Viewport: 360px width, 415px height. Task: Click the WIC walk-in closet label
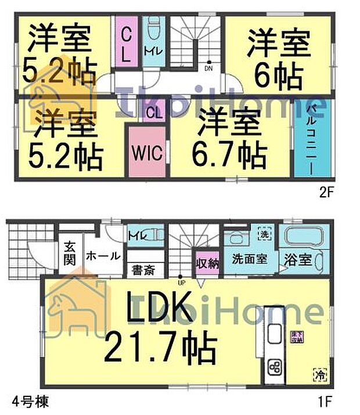pyautogui.click(x=146, y=153)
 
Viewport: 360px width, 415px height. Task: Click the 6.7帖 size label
pyautogui.click(x=230, y=154)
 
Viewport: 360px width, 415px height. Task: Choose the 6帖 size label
pyautogui.click(x=276, y=73)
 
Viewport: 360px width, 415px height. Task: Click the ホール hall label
pyautogui.click(x=104, y=255)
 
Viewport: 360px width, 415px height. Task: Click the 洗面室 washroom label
pyautogui.click(x=250, y=258)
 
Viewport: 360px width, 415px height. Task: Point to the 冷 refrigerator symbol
pyautogui.click(x=319, y=374)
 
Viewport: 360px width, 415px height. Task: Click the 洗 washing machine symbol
pyautogui.click(x=262, y=235)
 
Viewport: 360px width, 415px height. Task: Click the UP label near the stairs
pyautogui.click(x=181, y=283)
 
